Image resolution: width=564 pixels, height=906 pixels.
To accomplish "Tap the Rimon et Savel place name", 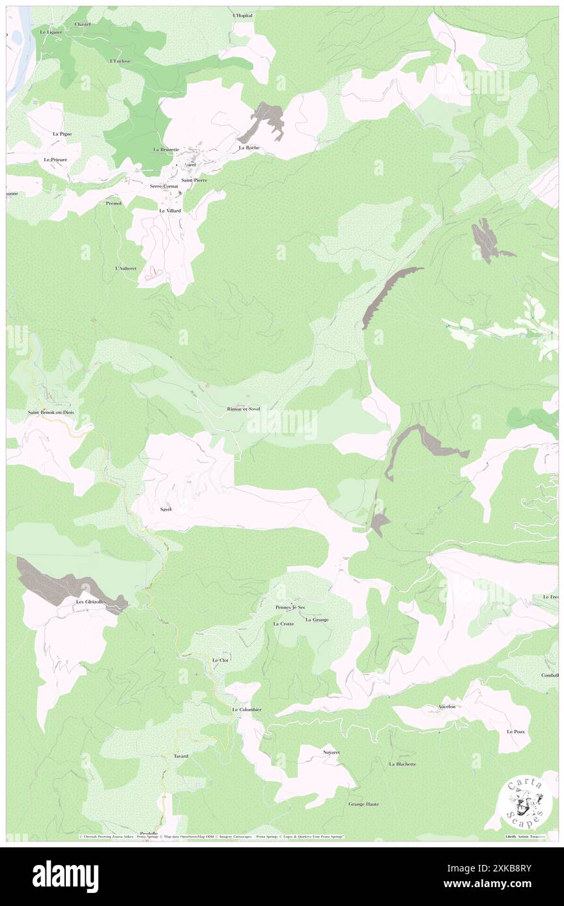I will [244, 409].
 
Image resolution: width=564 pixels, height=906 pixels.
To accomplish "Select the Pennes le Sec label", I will [290, 607].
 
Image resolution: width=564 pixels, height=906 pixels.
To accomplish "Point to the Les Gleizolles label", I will [91, 602].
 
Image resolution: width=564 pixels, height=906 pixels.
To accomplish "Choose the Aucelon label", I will [451, 707].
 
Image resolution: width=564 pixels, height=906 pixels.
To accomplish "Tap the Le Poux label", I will [516, 732].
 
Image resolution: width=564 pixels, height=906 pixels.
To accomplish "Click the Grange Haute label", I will [363, 804].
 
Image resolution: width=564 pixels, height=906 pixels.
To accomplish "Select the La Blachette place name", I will [402, 764].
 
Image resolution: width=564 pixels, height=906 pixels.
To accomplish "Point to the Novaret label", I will [331, 752].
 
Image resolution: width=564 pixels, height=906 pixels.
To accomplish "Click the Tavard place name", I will [180, 756].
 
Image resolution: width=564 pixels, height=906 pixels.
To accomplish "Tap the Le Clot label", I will [220, 660].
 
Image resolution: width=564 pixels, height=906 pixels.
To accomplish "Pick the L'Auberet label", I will [125, 269].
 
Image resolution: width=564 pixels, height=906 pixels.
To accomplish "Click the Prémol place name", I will [114, 203].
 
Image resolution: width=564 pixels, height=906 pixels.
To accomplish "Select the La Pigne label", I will [62, 134].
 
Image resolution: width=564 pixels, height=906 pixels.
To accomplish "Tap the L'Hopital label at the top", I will [242, 15].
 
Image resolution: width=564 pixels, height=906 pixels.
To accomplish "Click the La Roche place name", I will [249, 147].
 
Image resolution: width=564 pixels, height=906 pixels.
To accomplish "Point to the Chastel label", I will [83, 24].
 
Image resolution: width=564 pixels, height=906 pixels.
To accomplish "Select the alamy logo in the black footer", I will [65, 876].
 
